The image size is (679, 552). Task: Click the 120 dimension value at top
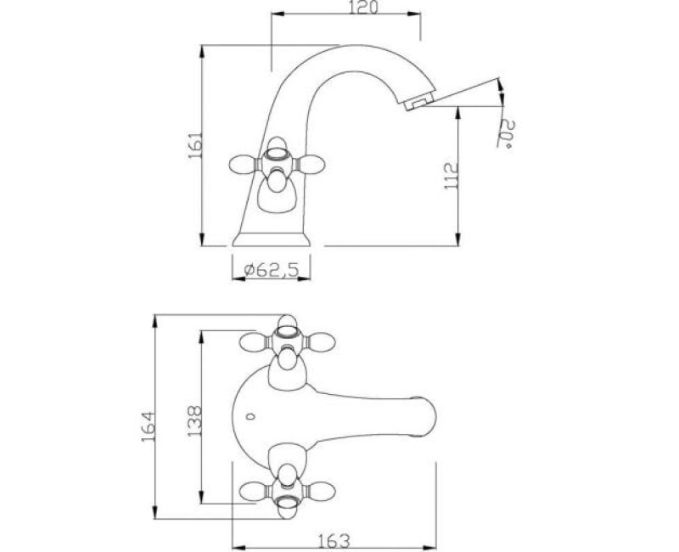point(363,7)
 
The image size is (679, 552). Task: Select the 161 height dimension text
point(195,144)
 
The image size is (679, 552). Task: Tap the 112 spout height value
point(452,176)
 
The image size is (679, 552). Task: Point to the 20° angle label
point(507,134)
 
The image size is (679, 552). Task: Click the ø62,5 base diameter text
point(272,270)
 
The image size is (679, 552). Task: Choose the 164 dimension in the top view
point(148,427)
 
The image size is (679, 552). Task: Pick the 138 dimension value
point(194,420)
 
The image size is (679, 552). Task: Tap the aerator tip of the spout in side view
point(418,103)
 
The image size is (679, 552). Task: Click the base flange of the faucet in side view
point(271,239)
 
